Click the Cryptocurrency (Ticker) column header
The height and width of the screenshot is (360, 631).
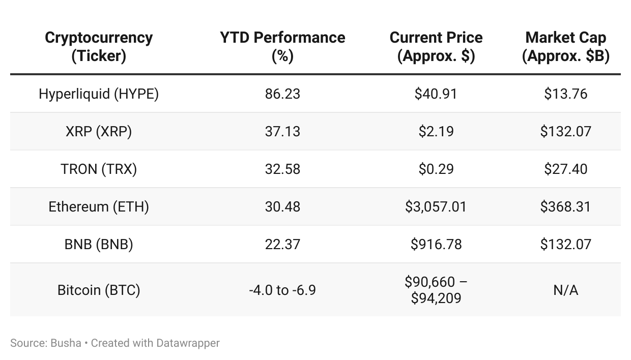click(99, 46)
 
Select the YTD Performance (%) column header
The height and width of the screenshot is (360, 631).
click(282, 46)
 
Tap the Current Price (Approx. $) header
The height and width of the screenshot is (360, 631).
click(436, 46)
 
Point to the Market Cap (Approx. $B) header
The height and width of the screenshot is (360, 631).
click(565, 46)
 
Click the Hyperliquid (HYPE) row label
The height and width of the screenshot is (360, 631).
click(99, 94)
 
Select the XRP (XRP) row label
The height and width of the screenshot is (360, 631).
click(99, 132)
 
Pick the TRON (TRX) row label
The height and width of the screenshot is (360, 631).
click(99, 169)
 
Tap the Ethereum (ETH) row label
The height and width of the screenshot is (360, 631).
click(99, 207)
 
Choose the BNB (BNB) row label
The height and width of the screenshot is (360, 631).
click(99, 245)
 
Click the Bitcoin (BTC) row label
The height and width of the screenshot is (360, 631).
click(99, 290)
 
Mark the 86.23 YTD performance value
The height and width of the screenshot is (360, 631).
click(282, 94)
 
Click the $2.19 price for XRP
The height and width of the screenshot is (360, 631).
click(436, 132)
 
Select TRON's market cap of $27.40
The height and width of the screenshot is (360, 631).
click(565, 169)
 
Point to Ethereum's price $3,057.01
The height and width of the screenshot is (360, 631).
click(436, 207)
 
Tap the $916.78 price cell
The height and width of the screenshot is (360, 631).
click(436, 245)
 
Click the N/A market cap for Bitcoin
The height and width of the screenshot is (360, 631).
click(565, 290)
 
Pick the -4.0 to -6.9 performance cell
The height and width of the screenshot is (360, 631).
click(282, 290)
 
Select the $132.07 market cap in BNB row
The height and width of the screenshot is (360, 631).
click(565, 245)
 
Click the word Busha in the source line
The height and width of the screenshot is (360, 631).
click(66, 343)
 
